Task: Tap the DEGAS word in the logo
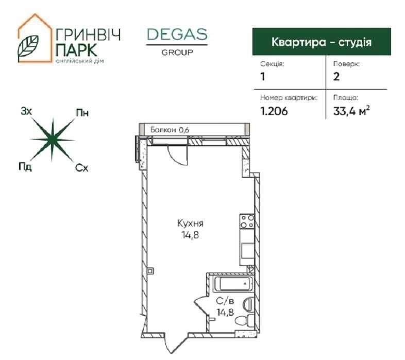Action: tap(177, 35)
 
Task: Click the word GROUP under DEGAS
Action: tap(177, 53)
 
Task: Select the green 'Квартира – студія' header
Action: tap(322, 42)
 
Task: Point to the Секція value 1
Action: tap(263, 77)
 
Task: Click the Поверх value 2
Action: tap(336, 77)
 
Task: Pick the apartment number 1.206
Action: tap(274, 111)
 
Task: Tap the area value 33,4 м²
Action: tap(351, 111)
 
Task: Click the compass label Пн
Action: tap(82, 113)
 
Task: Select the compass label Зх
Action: tap(26, 112)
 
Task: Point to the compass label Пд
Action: tap(25, 166)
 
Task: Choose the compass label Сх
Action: tap(81, 168)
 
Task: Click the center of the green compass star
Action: tap(53, 140)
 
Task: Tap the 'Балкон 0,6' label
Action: tap(170, 130)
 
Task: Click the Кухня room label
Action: tap(190, 223)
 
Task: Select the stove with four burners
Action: tap(247, 221)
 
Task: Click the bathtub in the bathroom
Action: tap(233, 284)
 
